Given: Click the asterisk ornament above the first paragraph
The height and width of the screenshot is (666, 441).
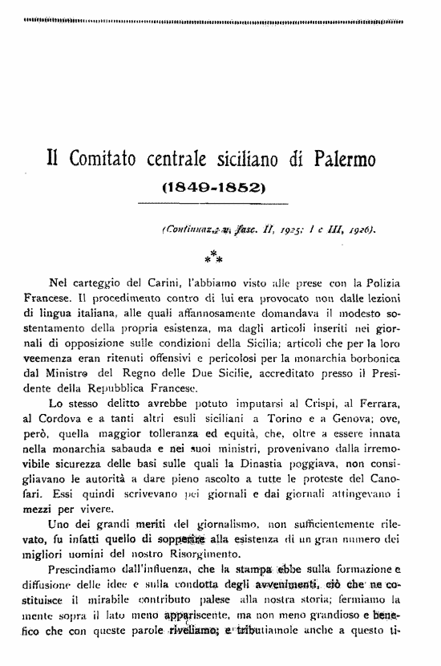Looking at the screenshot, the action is coord(213,257).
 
